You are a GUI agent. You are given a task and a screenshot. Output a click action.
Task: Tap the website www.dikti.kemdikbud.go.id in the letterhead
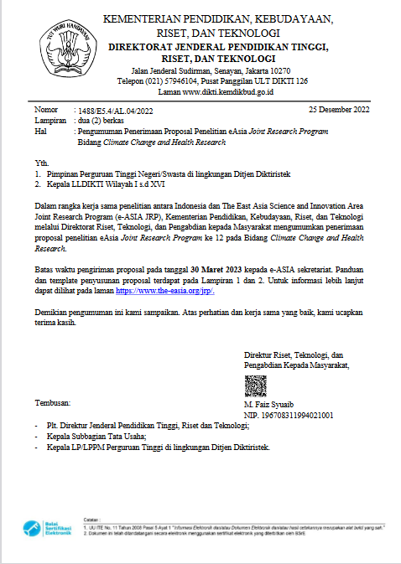tap(229, 91)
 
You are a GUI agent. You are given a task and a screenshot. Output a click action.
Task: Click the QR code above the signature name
tap(255, 387)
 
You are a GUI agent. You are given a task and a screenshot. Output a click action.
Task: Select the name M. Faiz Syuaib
tap(268, 405)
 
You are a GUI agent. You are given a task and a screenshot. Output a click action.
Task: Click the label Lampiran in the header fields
tap(50, 121)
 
